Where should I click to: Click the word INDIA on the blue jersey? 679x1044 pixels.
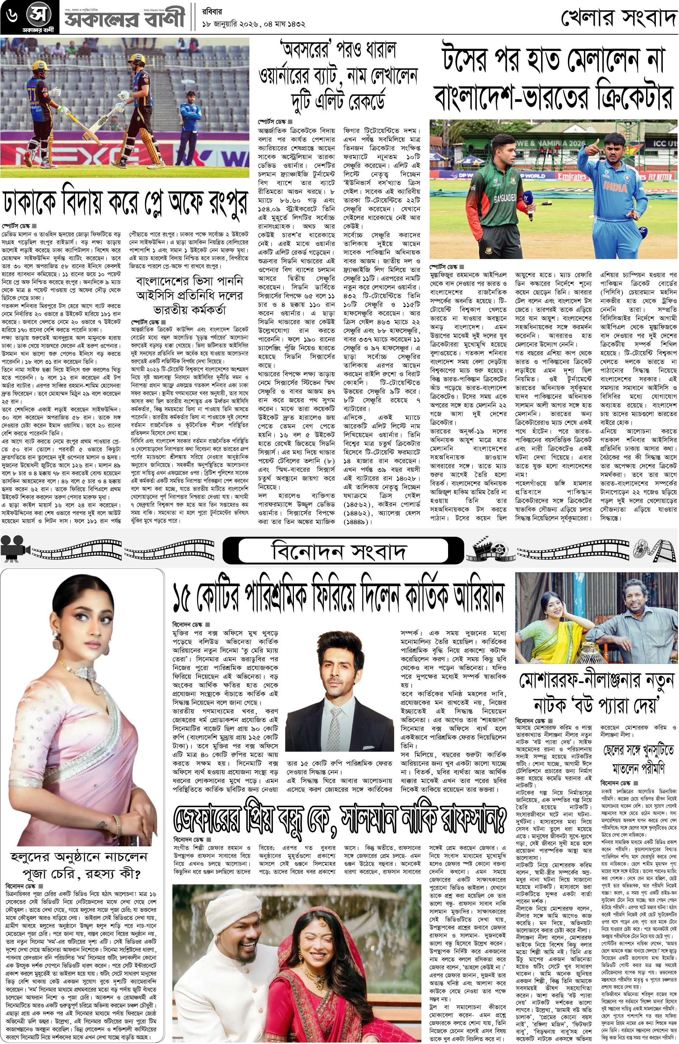click(616, 186)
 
